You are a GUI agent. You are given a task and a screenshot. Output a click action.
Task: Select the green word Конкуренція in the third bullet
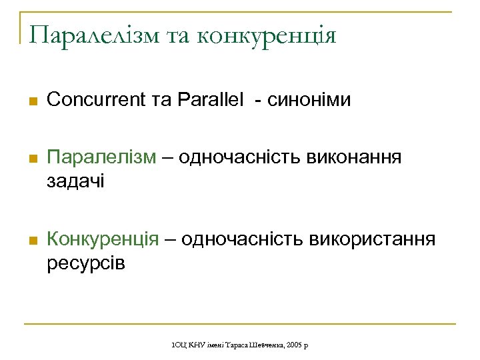[x=103, y=239]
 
